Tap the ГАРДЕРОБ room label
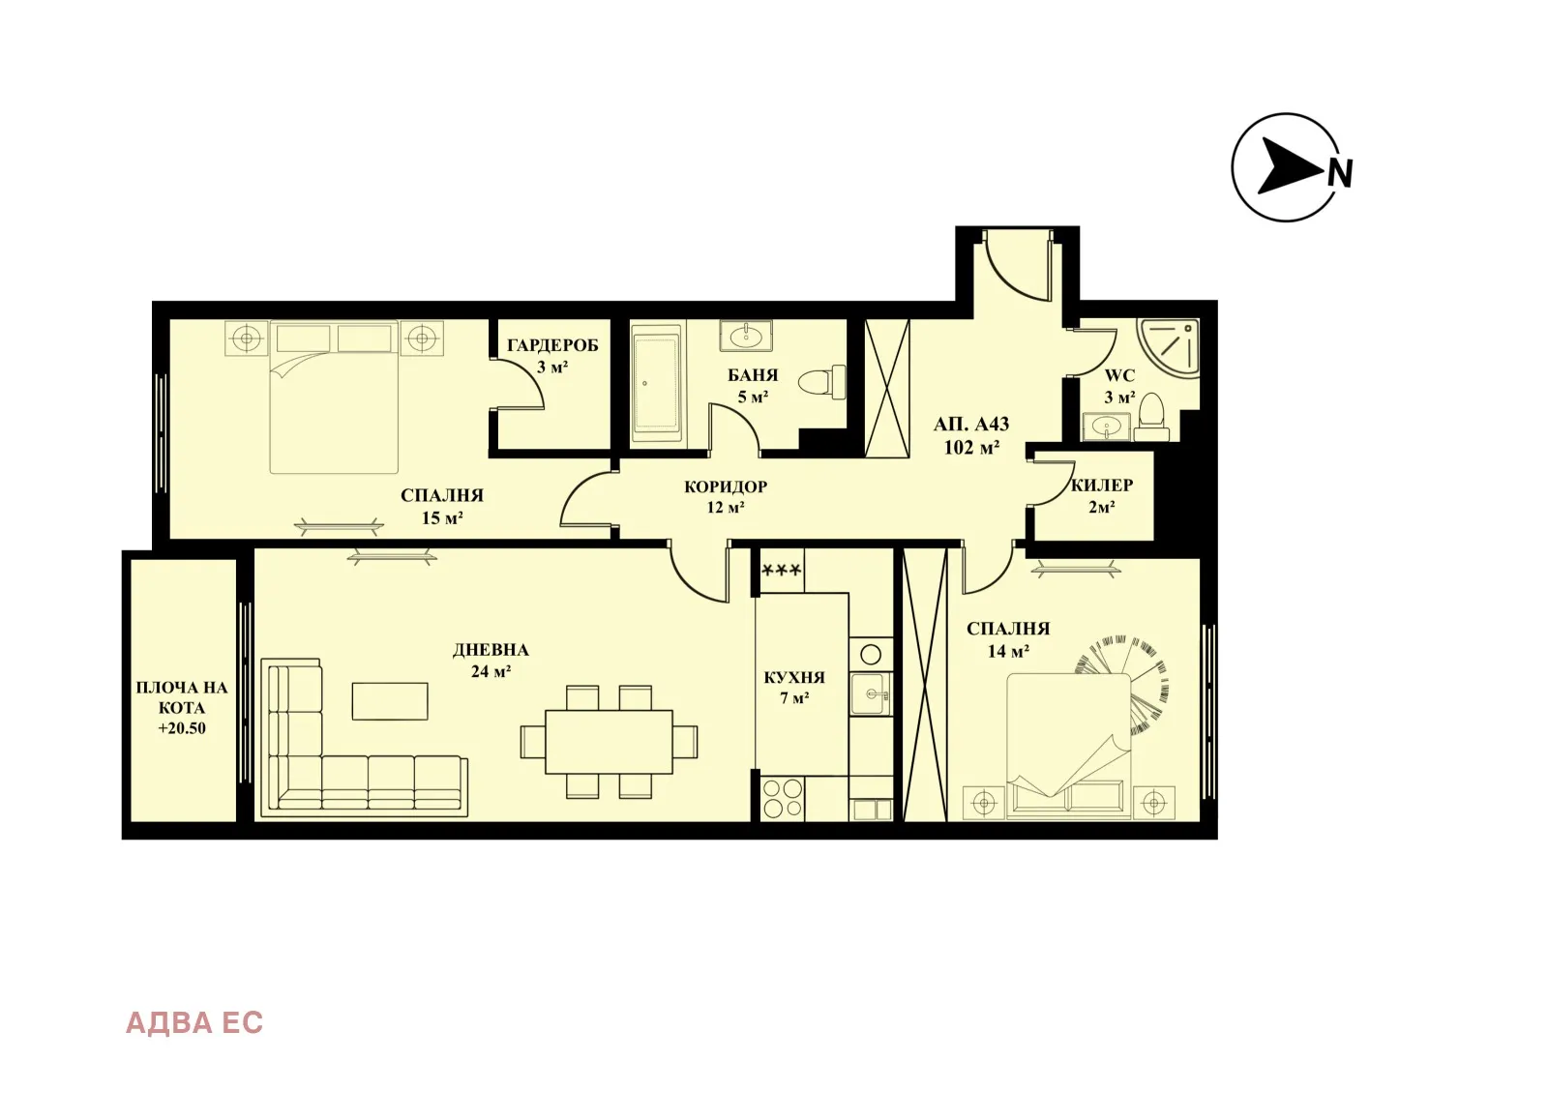(552, 345)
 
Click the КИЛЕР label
(1102, 486)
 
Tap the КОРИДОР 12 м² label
(726, 496)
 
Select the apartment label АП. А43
(971, 425)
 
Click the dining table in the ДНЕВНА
(609, 742)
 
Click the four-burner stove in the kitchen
(782, 799)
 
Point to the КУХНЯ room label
(794, 678)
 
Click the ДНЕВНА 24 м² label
(491, 660)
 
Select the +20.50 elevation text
(182, 729)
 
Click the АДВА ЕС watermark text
(194, 1023)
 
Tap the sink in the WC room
(1106, 426)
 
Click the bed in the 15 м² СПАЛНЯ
(334, 406)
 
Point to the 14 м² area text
(1008, 652)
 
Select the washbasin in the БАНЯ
(746, 337)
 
